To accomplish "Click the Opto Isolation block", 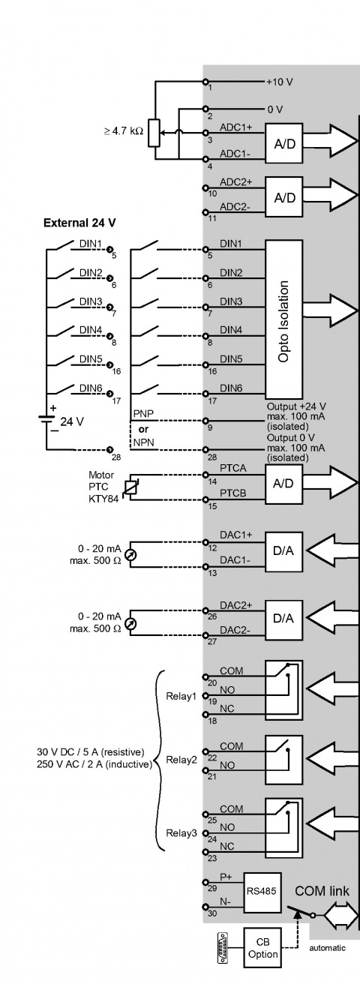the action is pos(284,319).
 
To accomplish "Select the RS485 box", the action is pos(262,892).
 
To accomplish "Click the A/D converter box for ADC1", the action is pos(284,143).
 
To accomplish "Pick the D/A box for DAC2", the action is pos(284,619).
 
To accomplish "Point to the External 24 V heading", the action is pos(79,223).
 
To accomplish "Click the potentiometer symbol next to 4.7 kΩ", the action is pos(154,133).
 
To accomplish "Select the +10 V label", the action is pos(280,82).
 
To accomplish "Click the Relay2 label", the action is pos(181,760).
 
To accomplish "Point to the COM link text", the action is pos(322,891).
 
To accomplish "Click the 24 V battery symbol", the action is pos(46,419).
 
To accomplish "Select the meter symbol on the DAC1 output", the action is pos(130,555).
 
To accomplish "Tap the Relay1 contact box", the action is pos(284,690).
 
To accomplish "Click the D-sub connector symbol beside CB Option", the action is pos(223,948).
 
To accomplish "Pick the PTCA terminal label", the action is pos(233,468).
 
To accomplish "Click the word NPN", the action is pos(143,442).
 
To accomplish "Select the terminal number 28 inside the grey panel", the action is pos(212,457).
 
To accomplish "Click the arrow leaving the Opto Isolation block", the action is pos(331,310).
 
